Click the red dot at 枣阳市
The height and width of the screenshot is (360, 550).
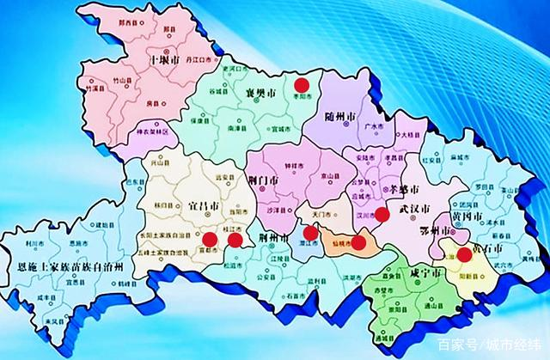[x=302, y=84]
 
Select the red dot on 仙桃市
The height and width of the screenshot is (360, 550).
[x=358, y=242]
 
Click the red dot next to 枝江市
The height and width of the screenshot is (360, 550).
[x=235, y=240]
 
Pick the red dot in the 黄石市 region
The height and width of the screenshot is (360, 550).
[x=464, y=254]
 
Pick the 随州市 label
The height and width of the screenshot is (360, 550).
[x=327, y=116]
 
